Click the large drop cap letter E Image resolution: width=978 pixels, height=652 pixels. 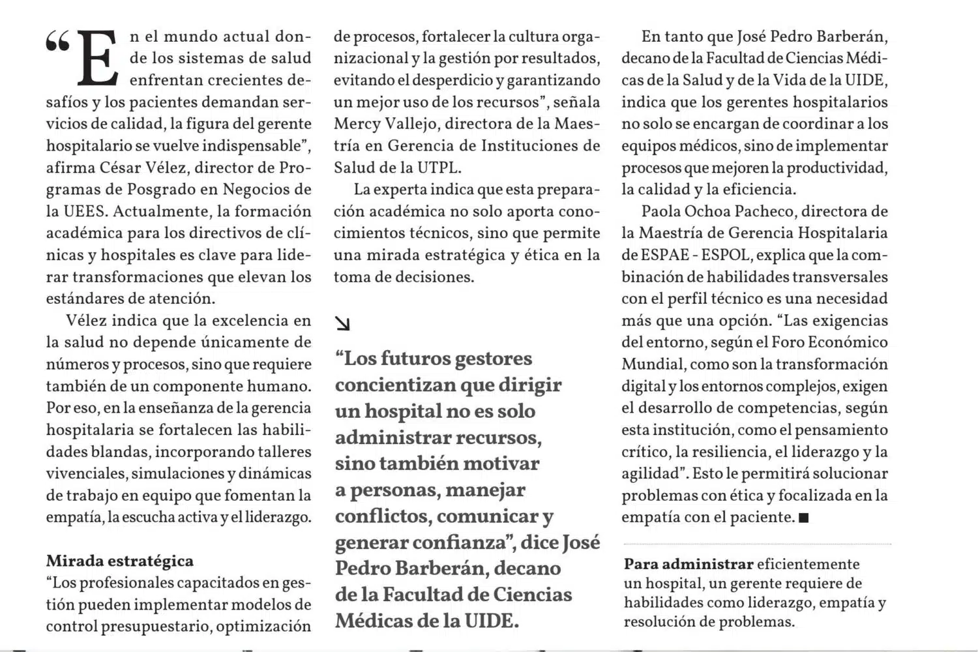[98, 59]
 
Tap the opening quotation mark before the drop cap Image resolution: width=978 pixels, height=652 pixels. [57, 43]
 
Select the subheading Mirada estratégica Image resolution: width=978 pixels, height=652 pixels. [119, 561]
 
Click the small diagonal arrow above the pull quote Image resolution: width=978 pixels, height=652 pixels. [342, 323]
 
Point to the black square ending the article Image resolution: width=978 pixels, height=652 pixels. [803, 518]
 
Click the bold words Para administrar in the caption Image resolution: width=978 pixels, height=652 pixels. [689, 564]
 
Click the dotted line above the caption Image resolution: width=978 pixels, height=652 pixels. [756, 543]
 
